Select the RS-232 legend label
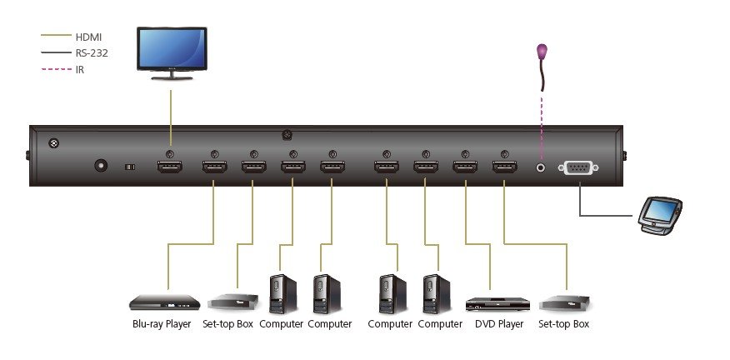click(x=92, y=52)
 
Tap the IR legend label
click(x=80, y=69)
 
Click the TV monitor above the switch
click(x=172, y=52)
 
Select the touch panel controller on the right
click(x=660, y=213)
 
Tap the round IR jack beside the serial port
click(x=542, y=167)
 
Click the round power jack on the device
click(x=102, y=166)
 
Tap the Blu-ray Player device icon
click(x=164, y=302)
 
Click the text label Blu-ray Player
click(x=162, y=324)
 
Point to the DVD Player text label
click(x=499, y=324)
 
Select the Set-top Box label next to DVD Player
click(x=563, y=324)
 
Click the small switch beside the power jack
click(x=129, y=167)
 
